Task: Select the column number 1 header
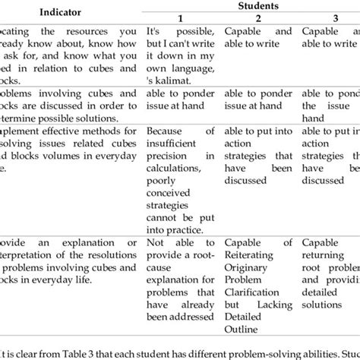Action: click(181, 19)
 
